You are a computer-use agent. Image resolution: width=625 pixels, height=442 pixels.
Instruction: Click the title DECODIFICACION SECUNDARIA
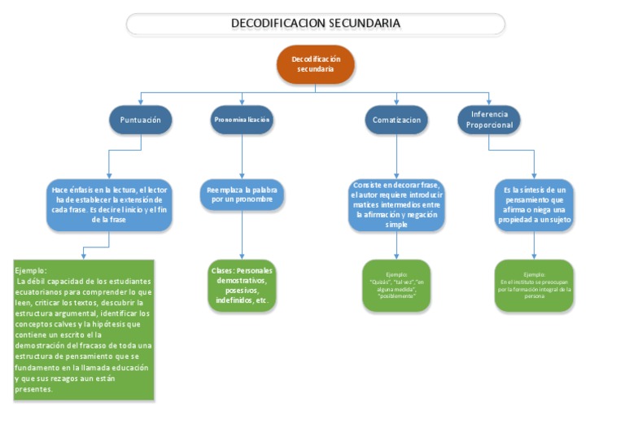click(315, 24)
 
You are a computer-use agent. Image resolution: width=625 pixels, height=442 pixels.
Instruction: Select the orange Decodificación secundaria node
click(316, 64)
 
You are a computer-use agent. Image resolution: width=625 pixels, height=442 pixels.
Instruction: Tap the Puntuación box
click(141, 120)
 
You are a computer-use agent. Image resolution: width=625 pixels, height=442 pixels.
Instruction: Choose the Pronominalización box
click(242, 120)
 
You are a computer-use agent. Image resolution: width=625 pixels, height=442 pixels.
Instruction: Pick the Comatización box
click(396, 120)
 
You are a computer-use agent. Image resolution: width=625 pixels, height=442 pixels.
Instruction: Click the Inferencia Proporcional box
click(489, 120)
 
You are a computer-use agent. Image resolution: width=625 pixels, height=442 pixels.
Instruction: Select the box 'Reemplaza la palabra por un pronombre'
click(242, 194)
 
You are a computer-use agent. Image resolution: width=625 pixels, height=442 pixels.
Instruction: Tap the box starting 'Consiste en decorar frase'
click(396, 204)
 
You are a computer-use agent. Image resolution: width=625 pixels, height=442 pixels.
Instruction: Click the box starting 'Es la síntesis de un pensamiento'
click(533, 204)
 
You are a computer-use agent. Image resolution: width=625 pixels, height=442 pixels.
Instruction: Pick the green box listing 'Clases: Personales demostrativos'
click(242, 286)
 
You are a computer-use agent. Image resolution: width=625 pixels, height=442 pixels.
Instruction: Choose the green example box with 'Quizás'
click(396, 286)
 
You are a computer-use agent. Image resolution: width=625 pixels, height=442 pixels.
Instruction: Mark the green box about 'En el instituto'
click(533, 286)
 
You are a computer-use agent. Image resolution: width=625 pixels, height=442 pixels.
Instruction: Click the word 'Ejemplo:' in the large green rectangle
click(31, 270)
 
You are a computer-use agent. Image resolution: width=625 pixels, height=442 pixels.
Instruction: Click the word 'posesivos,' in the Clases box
click(242, 290)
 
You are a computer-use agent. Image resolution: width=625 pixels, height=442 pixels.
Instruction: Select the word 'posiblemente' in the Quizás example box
click(396, 296)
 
